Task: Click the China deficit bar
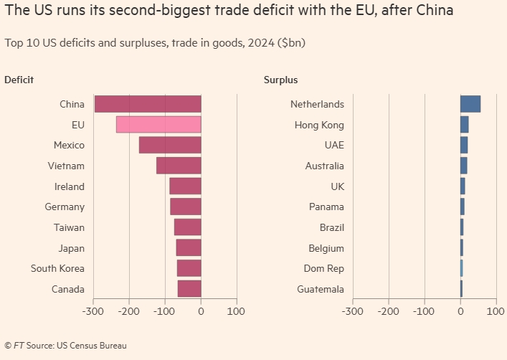tap(148, 104)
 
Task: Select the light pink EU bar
tap(158, 125)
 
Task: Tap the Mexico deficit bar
tap(170, 145)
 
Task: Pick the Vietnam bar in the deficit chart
tap(179, 166)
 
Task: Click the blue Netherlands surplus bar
tap(470, 104)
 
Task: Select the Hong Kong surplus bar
tap(465, 125)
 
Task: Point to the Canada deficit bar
tap(189, 289)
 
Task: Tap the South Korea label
tap(57, 269)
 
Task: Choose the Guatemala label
tap(321, 289)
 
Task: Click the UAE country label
tap(334, 145)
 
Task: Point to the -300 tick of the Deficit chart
tap(93, 312)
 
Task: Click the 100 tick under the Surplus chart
tap(496, 312)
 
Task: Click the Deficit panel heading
tap(19, 80)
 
